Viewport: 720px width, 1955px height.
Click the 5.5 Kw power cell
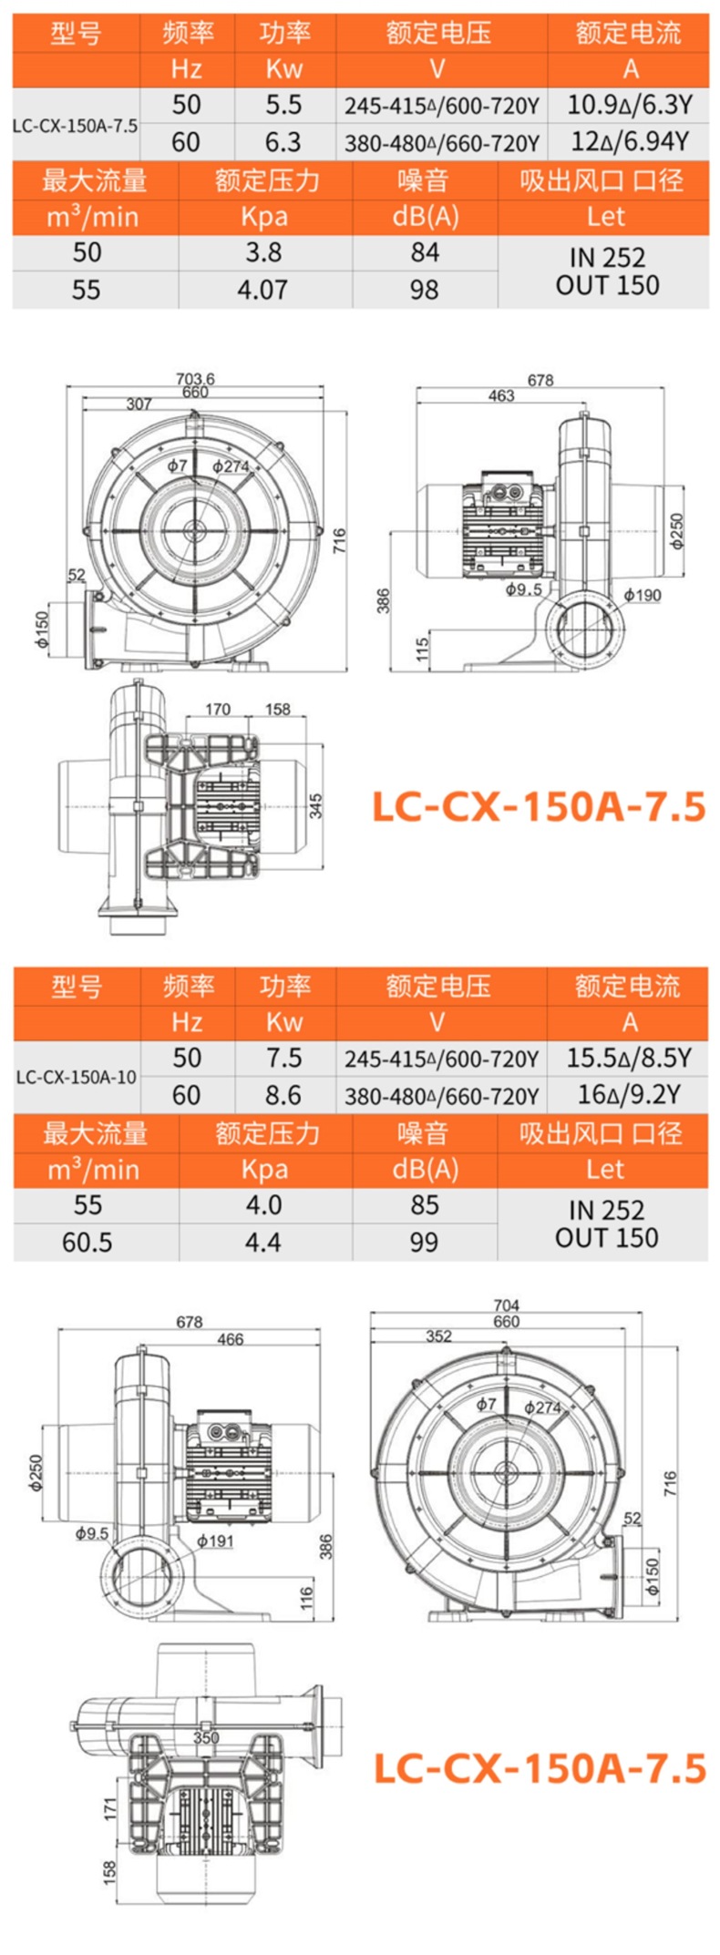point(283,105)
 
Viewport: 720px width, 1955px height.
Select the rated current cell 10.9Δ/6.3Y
point(629,105)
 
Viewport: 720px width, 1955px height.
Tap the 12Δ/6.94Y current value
point(629,142)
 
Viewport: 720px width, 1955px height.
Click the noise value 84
point(425,252)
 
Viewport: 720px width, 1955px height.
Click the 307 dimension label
point(139,404)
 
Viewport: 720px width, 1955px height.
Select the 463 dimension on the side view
point(501,395)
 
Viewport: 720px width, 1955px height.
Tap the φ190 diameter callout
point(643,596)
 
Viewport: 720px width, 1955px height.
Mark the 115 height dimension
point(422,649)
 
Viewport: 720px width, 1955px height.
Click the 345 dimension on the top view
point(315,805)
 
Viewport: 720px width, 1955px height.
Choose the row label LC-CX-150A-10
point(77,1077)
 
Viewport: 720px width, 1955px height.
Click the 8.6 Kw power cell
point(283,1095)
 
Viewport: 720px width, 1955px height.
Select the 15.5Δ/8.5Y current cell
point(629,1058)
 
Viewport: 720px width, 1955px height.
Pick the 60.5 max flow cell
point(87,1243)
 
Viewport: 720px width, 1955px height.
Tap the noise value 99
point(424,1243)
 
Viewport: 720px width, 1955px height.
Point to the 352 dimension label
point(438,1336)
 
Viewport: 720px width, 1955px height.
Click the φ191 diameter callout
point(216,1541)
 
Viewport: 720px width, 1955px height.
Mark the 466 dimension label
point(231,1339)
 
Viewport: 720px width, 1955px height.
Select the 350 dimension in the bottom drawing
point(206,1737)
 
